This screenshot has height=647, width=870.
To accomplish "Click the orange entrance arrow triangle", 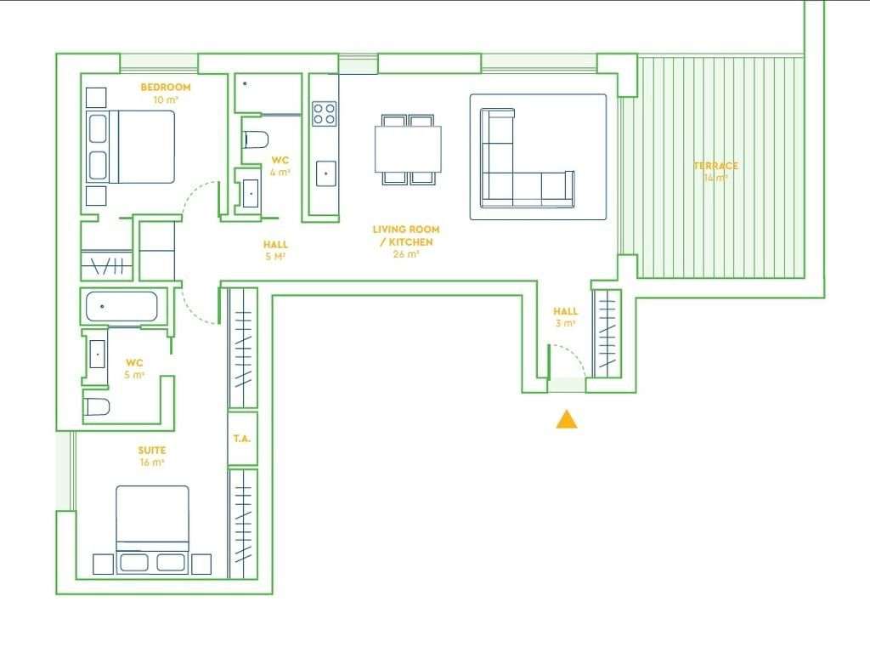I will [567, 419].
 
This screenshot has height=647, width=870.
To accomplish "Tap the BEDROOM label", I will [165, 88].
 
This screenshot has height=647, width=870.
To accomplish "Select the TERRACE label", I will [715, 166].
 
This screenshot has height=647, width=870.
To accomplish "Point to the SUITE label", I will [152, 451].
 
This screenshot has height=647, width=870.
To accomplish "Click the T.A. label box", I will [242, 440].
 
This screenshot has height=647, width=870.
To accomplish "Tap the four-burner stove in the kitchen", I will [324, 113].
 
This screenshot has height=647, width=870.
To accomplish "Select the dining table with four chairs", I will [408, 150].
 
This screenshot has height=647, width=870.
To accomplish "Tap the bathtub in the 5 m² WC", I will [121, 307].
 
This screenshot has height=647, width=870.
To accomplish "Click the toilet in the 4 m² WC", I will [255, 139].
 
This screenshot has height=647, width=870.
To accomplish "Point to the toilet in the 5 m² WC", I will [97, 406].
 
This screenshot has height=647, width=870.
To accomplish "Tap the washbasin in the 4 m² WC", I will [251, 192].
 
